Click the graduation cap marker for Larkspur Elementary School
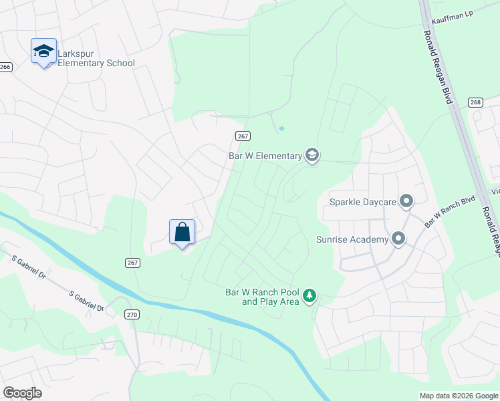pos(43,51)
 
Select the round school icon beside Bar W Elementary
pos(311,156)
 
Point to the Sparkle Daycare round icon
pos(406,201)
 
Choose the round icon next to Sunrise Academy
pos(398,239)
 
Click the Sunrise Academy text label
pos(352,239)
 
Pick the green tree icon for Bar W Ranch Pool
pos(309,295)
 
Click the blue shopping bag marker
pos(182,233)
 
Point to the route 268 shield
pos(475,102)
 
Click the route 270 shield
pos(131,314)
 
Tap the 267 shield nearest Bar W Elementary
pos(243,136)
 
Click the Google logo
pos(22,393)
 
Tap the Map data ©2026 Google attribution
pos(458,396)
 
